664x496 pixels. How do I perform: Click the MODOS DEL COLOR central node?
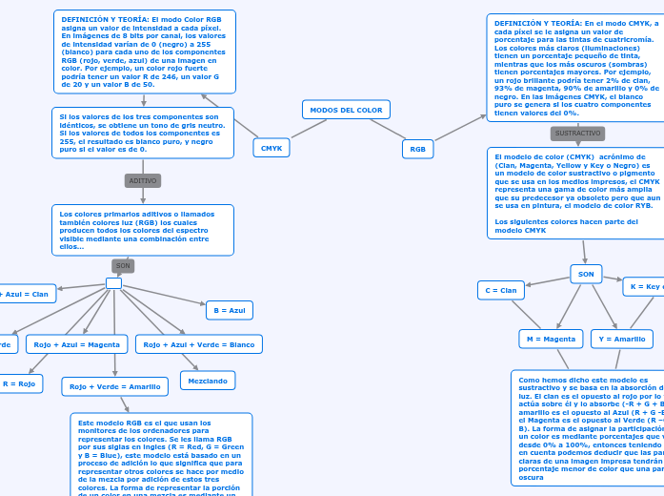pyautogui.click(x=346, y=110)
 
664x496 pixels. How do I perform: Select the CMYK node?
pyautogui.click(x=272, y=148)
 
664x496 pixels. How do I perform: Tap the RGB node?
pyautogui.click(x=417, y=149)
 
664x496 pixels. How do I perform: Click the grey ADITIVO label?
pyautogui.click(x=143, y=180)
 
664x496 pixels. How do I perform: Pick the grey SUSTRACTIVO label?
pyautogui.click(x=578, y=134)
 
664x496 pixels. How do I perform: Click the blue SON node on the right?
pyautogui.click(x=586, y=274)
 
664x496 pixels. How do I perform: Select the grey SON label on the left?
pyautogui.click(x=123, y=266)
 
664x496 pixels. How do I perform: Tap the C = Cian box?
pyautogui.click(x=500, y=290)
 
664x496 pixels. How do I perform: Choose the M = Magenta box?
pyautogui.click(x=551, y=339)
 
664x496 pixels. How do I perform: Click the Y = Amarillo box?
pyautogui.click(x=622, y=339)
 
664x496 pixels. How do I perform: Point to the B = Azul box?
pyautogui.click(x=229, y=310)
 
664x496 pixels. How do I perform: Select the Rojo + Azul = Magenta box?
pyautogui.click(x=77, y=343)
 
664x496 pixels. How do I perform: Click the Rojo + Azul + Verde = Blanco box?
pyautogui.click(x=199, y=343)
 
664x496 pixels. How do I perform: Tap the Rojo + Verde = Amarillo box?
pyautogui.click(x=115, y=386)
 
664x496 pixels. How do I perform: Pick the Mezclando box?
pyautogui.click(x=208, y=381)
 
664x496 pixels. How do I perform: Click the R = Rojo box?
pyautogui.click(x=19, y=383)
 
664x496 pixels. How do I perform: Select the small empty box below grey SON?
pyautogui.click(x=113, y=283)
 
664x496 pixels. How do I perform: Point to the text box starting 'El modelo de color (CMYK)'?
pyautogui.click(x=574, y=191)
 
